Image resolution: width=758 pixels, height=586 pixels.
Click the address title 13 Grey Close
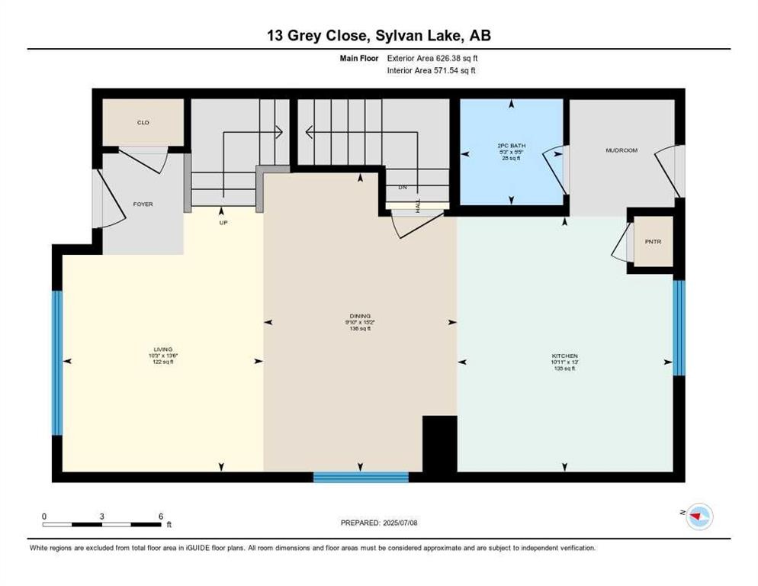378,36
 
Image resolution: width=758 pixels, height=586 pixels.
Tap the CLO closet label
143,122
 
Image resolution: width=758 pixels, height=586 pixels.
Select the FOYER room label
143,204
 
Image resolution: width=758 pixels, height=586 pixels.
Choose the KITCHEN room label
565,356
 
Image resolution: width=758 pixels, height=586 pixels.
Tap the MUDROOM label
621,150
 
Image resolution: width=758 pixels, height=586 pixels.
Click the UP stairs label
223,223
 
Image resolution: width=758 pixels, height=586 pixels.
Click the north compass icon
697,517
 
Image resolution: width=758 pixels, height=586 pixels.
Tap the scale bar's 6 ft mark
160,517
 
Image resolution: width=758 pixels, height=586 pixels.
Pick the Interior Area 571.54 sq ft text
432,70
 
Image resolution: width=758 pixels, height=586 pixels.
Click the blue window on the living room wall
56,362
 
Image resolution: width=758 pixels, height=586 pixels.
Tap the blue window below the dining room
361,477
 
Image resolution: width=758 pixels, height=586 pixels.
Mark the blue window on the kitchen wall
679,327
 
